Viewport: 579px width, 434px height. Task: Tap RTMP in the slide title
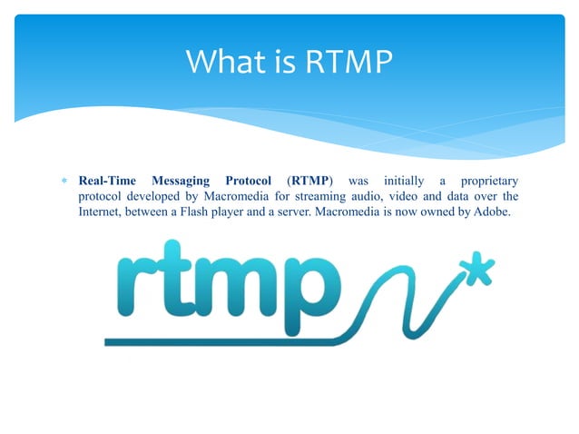coord(349,62)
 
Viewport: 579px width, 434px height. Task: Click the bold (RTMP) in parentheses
coord(310,179)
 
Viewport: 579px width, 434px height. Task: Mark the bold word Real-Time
coord(109,179)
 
